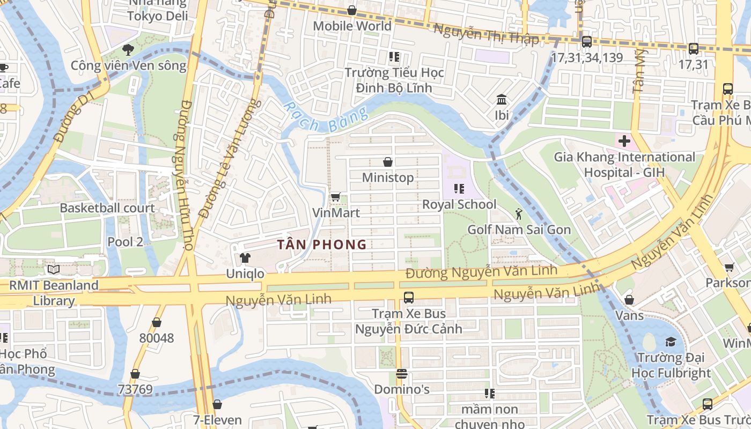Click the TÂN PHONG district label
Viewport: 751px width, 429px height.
[x=322, y=245]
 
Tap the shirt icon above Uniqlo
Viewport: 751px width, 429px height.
[x=245, y=258]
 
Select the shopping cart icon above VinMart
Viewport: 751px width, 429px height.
[x=336, y=197]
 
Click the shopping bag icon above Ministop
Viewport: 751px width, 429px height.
[x=388, y=162]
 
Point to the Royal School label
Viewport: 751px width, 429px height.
[x=459, y=204]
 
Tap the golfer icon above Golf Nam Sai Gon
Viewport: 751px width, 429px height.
[x=518, y=214]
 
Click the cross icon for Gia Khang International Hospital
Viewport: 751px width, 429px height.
[x=624, y=142]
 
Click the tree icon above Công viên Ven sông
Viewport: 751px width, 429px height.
[x=128, y=50]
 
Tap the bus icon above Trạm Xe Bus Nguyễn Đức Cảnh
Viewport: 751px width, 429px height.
[x=409, y=298]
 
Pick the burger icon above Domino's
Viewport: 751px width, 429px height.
[x=402, y=374]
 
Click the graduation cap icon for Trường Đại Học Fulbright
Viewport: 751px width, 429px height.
[x=671, y=342]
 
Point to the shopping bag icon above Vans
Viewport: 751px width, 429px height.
[x=629, y=299]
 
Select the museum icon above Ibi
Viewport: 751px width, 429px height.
[x=502, y=100]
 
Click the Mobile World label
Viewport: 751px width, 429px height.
[x=352, y=26]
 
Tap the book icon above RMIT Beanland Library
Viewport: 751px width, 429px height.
[x=53, y=270]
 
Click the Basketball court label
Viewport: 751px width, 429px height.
[x=107, y=208]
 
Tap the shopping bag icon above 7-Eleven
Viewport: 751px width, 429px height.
[x=217, y=404]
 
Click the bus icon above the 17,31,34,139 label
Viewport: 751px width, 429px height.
[x=587, y=42]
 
